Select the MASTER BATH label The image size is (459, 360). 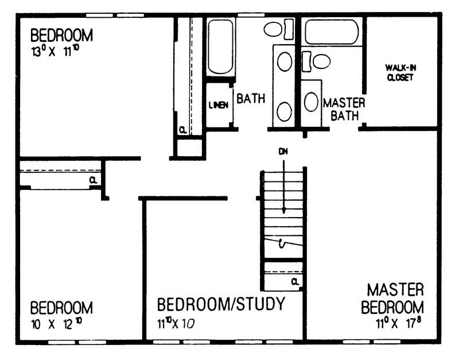click(344, 109)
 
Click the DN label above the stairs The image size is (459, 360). click(283, 152)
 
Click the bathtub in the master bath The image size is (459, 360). click(332, 32)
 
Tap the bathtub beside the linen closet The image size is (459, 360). click(220, 47)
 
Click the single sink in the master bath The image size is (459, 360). click(311, 102)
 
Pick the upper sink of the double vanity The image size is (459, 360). click(284, 61)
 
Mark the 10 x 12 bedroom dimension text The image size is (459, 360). click(56, 323)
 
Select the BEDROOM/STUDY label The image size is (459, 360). click(221, 304)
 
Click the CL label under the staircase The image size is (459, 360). click(294, 281)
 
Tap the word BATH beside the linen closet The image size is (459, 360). click(251, 98)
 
